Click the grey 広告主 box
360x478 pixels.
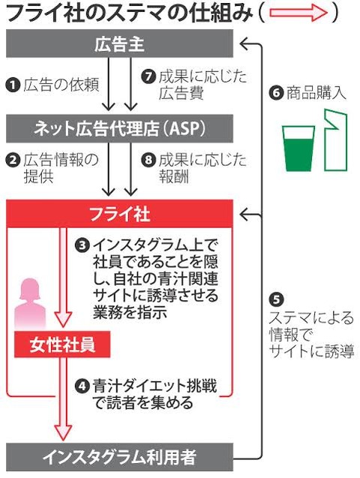(120, 44)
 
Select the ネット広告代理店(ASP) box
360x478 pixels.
(120, 128)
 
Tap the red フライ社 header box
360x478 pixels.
(120, 214)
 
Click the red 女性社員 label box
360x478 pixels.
(62, 344)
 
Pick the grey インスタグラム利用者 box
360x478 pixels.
(120, 457)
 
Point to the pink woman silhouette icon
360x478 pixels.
(30, 304)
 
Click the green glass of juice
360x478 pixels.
(298, 149)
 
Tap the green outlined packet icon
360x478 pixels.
(336, 140)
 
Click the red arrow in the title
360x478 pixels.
(298, 13)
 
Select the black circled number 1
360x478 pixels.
(13, 85)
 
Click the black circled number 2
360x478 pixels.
(13, 161)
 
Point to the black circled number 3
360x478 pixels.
(82, 245)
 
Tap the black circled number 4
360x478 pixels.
(82, 386)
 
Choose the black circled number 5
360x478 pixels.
(276, 299)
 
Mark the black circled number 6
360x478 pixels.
(276, 93)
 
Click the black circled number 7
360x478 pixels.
(148, 77)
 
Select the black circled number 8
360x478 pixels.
(148, 161)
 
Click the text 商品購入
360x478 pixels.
(316, 93)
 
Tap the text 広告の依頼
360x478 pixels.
(61, 85)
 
